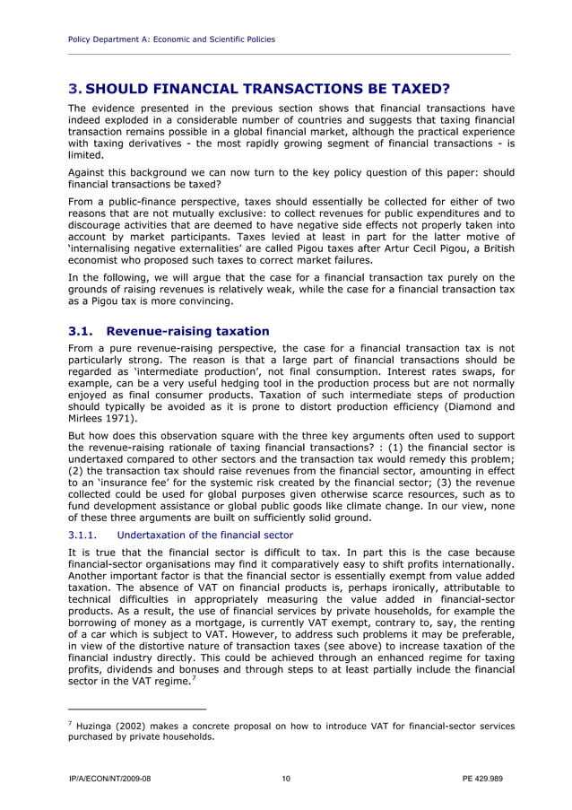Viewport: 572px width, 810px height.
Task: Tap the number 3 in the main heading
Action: tap(74, 89)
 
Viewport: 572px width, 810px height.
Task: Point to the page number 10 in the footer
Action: tap(286, 779)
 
